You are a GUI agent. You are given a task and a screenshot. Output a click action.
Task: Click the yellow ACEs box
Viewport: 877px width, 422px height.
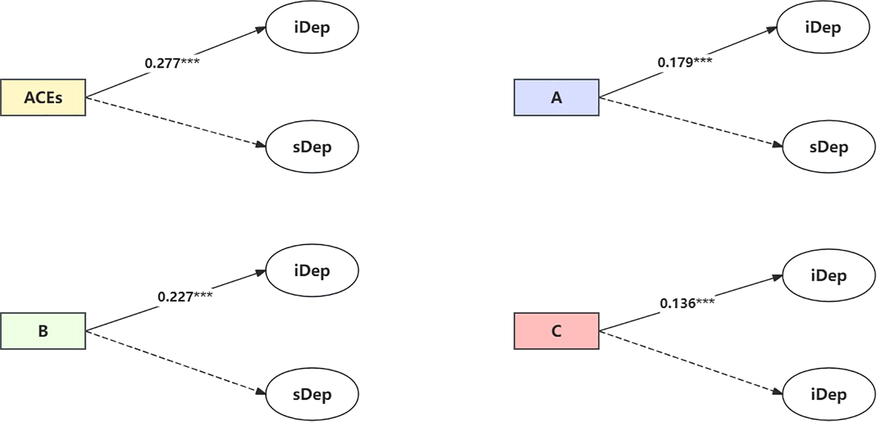tap(43, 97)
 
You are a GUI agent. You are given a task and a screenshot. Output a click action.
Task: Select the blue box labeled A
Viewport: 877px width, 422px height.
tap(556, 97)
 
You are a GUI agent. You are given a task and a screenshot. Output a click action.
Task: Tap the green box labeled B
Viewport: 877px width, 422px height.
tap(43, 331)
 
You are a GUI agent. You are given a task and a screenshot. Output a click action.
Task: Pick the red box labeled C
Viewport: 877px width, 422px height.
tap(556, 331)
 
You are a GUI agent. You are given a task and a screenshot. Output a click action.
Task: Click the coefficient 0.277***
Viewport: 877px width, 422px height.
tap(172, 63)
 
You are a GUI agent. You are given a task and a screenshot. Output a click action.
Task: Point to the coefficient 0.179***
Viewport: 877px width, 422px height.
tap(685, 62)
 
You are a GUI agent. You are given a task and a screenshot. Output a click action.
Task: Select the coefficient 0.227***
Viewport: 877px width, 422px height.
tap(185, 297)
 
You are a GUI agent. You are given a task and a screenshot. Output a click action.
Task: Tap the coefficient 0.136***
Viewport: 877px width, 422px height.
tap(687, 303)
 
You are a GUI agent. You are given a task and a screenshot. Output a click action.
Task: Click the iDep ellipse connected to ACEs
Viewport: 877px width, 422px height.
tap(312, 27)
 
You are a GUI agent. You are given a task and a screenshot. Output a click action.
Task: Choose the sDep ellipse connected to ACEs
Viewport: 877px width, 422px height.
tap(312, 147)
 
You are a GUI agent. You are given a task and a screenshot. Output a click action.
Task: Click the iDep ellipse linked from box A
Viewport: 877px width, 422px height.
tap(823, 27)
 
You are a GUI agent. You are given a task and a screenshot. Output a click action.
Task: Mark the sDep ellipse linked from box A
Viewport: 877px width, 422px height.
tap(828, 147)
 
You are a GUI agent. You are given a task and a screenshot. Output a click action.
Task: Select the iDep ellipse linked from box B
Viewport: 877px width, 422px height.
tap(312, 271)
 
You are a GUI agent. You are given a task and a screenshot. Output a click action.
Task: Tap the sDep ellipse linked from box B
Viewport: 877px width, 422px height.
tap(312, 394)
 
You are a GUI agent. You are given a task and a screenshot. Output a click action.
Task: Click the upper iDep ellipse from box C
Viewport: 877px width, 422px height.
tap(828, 276)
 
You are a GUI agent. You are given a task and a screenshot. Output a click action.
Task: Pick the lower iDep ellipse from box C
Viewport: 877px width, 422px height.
tap(828, 394)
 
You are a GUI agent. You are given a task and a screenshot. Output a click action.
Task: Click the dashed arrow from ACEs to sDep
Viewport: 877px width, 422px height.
tap(176, 122)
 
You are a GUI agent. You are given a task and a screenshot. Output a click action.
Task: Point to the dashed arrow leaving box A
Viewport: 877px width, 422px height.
tap(691, 122)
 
